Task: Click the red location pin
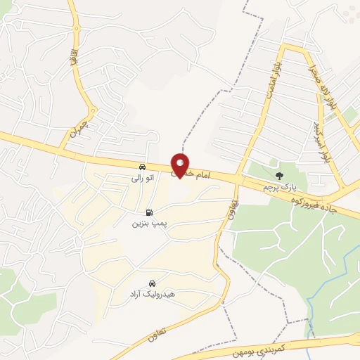181,165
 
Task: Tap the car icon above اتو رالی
143,167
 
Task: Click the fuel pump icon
148,212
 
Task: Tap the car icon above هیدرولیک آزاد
152,282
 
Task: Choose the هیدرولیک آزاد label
152,293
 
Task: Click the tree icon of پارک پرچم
281,175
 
